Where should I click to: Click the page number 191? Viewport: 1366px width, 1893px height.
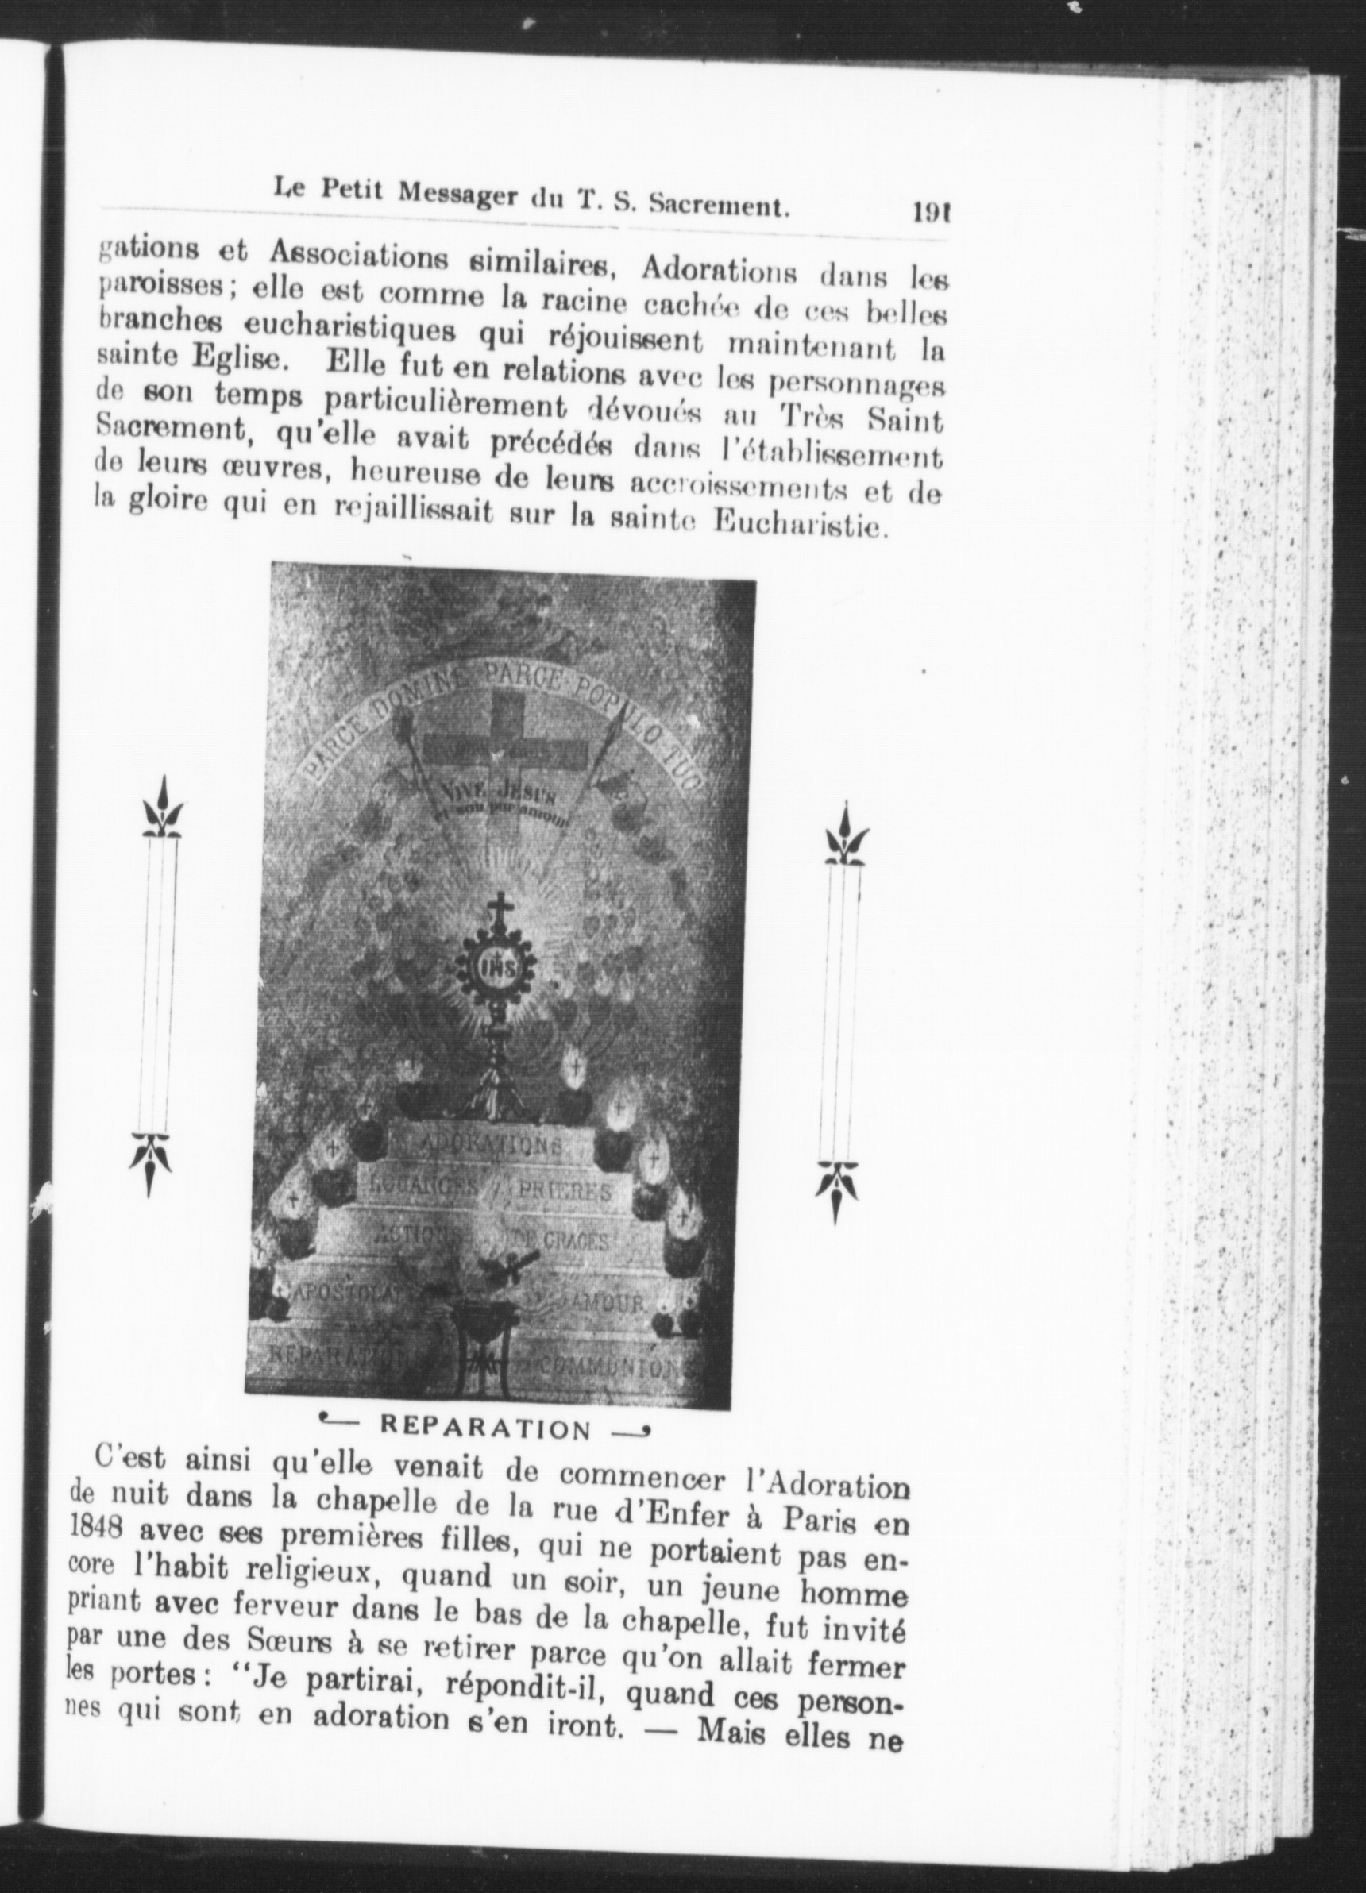(933, 212)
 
